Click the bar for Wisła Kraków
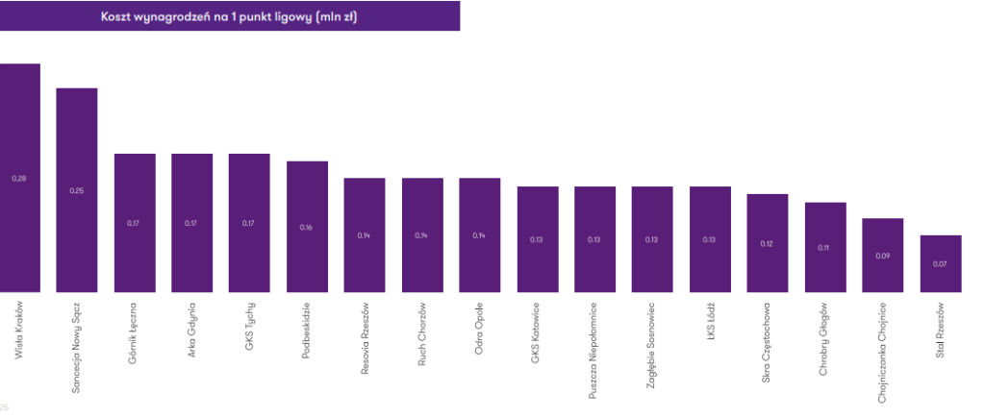click(x=19, y=178)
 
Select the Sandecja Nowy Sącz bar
click(x=77, y=190)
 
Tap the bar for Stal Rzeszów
click(x=940, y=263)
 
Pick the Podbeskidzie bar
click(x=307, y=227)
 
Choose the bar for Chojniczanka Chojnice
click(x=882, y=256)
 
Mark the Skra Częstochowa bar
click(x=767, y=243)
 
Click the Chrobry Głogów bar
click(x=824, y=247)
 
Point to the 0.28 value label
click(x=19, y=179)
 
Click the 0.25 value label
click(x=77, y=190)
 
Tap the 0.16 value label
click(x=307, y=228)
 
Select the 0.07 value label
click(x=940, y=264)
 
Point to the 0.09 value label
click(x=882, y=257)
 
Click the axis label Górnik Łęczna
click(x=134, y=330)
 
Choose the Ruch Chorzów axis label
click(x=421, y=331)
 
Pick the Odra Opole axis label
click(x=479, y=328)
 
